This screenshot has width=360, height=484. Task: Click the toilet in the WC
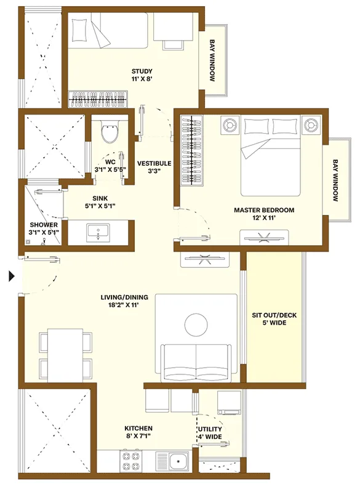click(110, 131)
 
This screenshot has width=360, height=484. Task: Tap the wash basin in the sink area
click(98, 233)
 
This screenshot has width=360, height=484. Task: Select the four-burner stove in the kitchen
click(130, 461)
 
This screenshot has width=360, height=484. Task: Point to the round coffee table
click(196, 325)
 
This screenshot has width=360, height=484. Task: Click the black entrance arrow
click(12, 276)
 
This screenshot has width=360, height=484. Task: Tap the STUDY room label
click(142, 71)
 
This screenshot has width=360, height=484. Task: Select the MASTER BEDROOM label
click(264, 210)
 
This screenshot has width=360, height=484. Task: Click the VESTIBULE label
click(154, 163)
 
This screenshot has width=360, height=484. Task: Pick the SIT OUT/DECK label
click(274, 315)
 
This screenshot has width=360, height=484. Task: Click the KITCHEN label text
click(138, 429)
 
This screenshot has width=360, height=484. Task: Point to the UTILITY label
click(210, 429)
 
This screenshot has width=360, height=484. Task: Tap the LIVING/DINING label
click(124, 297)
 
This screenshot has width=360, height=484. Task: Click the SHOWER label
click(44, 225)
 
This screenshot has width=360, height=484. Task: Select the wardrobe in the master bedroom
click(191, 150)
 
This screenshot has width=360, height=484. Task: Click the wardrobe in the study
click(98, 99)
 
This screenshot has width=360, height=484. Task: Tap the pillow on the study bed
click(80, 30)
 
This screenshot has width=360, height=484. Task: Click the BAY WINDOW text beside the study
click(212, 60)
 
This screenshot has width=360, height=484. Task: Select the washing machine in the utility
click(229, 402)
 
